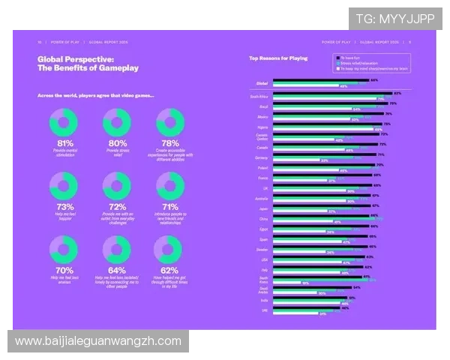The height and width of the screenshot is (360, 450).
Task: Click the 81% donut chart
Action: (x=64, y=122)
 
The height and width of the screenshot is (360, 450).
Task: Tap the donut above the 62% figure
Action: (x=169, y=250)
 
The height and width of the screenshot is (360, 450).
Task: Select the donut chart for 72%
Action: (x=117, y=186)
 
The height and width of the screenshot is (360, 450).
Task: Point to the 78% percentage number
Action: (x=169, y=143)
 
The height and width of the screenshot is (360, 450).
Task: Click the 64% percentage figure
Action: (x=117, y=271)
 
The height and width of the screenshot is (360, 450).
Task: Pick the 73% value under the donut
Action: (x=64, y=207)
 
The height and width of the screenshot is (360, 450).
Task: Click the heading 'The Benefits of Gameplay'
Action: (x=88, y=68)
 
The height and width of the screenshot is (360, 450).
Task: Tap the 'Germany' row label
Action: (x=261, y=157)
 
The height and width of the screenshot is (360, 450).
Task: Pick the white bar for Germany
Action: (x=296, y=160)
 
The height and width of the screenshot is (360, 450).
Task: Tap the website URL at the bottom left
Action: (x=98, y=341)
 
